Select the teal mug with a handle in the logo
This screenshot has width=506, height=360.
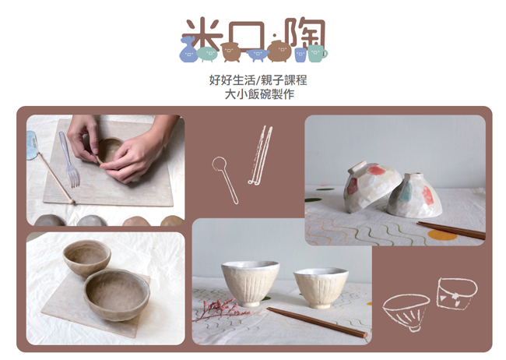317,53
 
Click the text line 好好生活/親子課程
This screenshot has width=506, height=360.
258,79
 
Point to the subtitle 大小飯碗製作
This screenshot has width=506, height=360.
259,94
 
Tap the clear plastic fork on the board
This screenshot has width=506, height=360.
69,159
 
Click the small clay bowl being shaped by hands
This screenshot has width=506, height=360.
110,150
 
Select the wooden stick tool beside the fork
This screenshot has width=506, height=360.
54,178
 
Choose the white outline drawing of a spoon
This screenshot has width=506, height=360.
225,179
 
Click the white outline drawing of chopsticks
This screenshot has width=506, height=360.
260,156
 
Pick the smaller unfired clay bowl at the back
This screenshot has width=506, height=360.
87,258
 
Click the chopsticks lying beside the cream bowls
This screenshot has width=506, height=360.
317,322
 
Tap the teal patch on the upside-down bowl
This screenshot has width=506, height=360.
406,192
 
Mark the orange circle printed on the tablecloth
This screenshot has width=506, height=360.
442,235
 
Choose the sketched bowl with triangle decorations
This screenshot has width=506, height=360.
457,294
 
